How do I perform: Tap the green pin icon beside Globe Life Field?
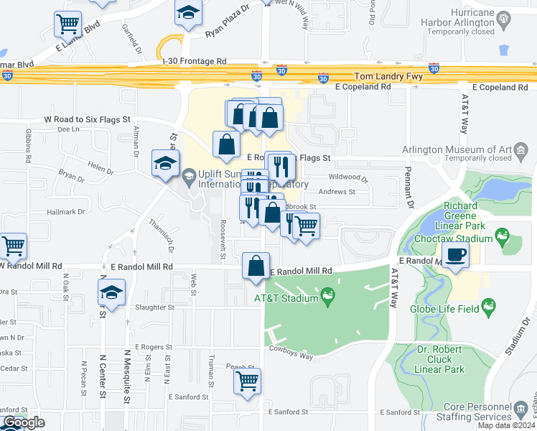[490, 308]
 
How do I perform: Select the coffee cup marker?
[455, 254]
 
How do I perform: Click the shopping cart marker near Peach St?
[248, 381]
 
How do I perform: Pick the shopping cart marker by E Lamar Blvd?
[67, 24]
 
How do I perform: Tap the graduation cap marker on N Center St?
[111, 292]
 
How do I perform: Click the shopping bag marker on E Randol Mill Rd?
[256, 266]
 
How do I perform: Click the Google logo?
[24, 422]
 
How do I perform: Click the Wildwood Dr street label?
[347, 177]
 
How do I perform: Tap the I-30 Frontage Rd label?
[195, 62]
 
